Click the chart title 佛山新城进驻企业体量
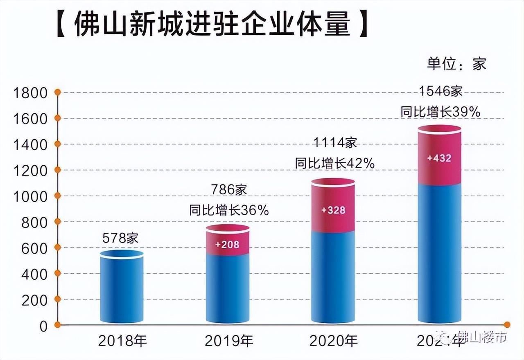click(212, 24)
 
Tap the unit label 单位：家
click(456, 64)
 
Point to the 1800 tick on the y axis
click(31, 93)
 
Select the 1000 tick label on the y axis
click(31, 196)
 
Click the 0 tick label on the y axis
click(43, 326)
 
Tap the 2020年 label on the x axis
click(334, 340)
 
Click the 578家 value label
click(121, 238)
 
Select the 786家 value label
click(229, 190)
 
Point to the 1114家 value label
click(335, 143)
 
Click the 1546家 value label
click(440, 91)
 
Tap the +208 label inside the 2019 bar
click(227, 245)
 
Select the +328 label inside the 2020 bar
click(333, 210)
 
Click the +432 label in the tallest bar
click(439, 158)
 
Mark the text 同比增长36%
click(229, 211)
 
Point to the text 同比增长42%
click(335, 163)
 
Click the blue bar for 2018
click(122, 290)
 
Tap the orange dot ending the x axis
click(507, 325)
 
